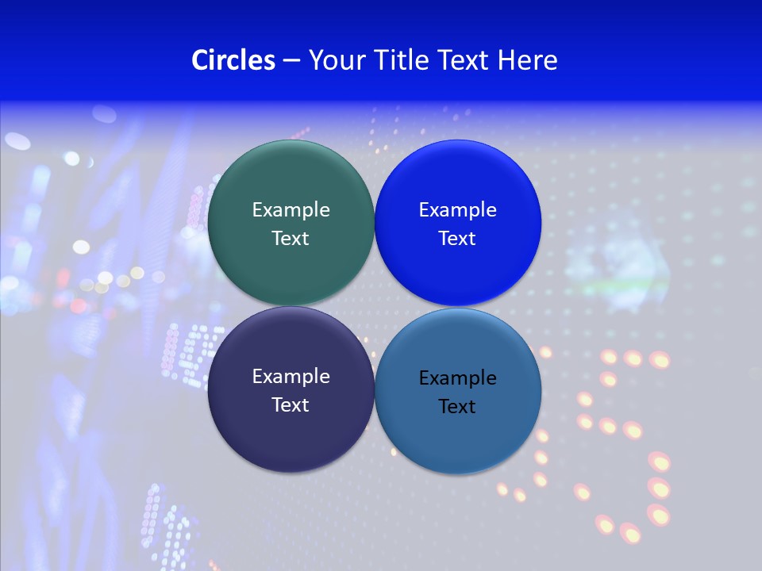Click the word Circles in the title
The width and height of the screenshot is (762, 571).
233,60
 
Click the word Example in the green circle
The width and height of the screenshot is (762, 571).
291,210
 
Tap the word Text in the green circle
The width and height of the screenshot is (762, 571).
291,239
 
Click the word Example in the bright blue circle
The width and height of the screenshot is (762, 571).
458,210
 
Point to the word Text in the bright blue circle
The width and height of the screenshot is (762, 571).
458,239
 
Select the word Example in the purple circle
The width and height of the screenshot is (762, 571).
291,377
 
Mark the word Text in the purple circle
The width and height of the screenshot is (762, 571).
291,405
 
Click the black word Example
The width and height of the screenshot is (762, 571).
458,378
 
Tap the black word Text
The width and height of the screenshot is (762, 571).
458,407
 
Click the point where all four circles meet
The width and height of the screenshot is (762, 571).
375,306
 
